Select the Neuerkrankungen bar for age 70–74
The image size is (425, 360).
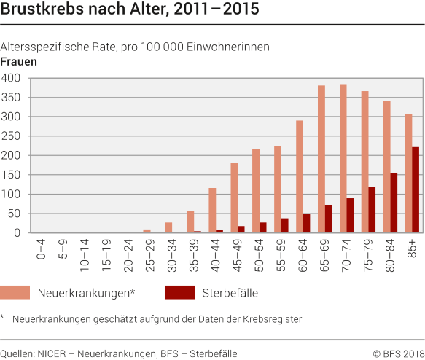[343, 159]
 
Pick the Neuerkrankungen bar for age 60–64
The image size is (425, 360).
[299, 177]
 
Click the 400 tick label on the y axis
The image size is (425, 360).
[12, 78]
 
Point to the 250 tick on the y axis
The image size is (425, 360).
[12, 136]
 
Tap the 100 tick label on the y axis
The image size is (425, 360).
[12, 195]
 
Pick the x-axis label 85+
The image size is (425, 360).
[413, 249]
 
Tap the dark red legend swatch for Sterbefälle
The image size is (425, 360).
[179, 292]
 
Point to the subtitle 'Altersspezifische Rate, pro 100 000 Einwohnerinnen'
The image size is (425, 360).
[136, 47]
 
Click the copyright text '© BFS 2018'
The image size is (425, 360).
[399, 353]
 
